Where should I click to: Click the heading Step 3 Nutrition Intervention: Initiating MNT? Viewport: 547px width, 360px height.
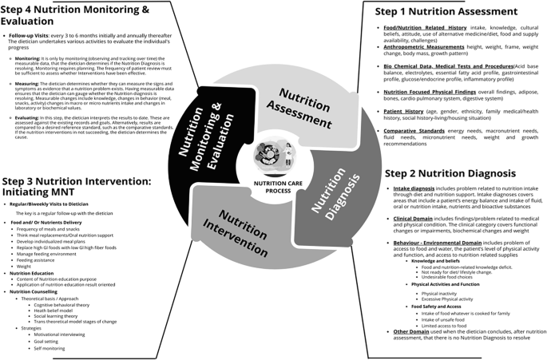coord(76,187)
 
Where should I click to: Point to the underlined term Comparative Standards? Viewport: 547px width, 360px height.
coord(414,130)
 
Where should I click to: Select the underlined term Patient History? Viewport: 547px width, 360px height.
coord(403,112)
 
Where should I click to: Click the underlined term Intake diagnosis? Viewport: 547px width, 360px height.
coord(414,189)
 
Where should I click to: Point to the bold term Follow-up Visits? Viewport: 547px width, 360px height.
coord(29,36)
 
